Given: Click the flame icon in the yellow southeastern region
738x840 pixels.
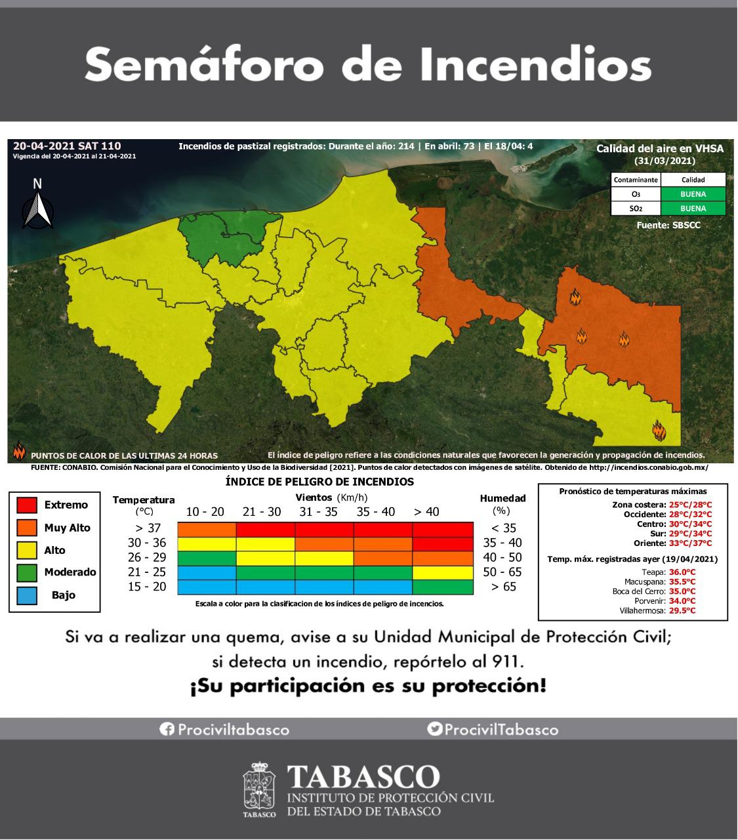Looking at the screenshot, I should click(x=659, y=430).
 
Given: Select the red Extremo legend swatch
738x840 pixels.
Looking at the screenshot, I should click(x=26, y=505).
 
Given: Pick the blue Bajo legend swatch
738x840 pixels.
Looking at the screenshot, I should click(x=26, y=595).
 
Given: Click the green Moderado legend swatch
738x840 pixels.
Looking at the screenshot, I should click(x=26, y=572).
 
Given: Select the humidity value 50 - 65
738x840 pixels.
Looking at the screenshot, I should click(x=505, y=572).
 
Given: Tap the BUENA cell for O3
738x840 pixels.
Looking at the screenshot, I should click(x=693, y=194).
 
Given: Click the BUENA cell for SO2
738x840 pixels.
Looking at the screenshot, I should click(x=693, y=209).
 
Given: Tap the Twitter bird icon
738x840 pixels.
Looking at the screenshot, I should click(x=434, y=729).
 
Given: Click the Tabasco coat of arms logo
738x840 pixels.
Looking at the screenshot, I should click(x=260, y=788).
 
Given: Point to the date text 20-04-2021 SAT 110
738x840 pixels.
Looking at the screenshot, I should click(x=67, y=146).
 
